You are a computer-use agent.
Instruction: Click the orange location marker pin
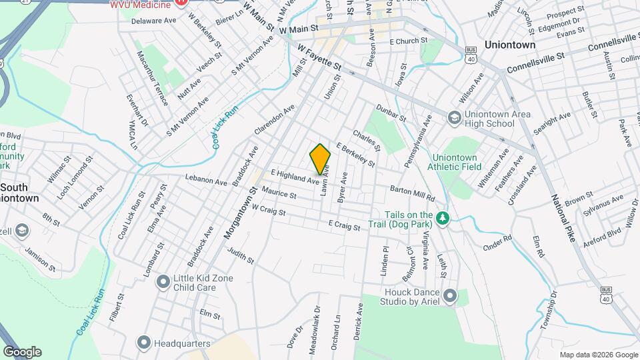[320, 158]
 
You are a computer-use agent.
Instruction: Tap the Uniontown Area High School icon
[454, 117]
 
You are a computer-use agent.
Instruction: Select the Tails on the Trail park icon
[442, 218]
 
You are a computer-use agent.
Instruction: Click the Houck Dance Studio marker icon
[450, 295]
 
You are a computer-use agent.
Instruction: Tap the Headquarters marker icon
[143, 343]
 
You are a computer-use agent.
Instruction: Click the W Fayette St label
[319, 58]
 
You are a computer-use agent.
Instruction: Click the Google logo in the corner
[22, 351]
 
